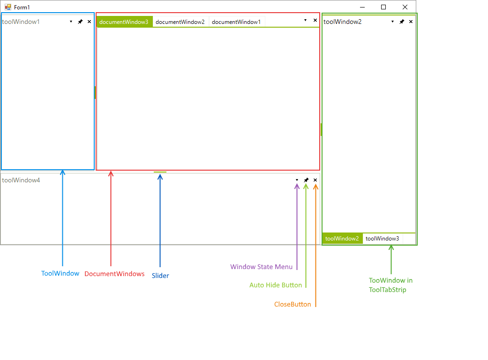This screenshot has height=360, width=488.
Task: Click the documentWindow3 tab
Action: coord(124,22)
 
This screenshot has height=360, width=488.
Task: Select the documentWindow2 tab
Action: coord(180,22)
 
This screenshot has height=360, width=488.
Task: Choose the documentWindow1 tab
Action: coord(236,22)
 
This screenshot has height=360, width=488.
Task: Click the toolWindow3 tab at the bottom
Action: coord(382,239)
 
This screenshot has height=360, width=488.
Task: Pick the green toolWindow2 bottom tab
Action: coord(342,239)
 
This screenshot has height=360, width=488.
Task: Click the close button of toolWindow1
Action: coord(89,22)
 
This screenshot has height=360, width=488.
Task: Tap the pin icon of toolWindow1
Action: coord(80,22)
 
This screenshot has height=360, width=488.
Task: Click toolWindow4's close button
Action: coord(315,180)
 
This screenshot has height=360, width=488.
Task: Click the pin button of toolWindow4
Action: coord(306,180)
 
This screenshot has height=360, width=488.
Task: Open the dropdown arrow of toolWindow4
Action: coord(297,180)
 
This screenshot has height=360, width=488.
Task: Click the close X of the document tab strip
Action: coord(315,20)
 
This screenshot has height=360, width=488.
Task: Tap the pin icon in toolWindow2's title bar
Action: coord(402,22)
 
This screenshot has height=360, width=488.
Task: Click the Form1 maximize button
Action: coord(383,7)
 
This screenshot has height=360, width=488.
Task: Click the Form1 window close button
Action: coord(405,7)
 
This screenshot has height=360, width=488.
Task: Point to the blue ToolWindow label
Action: coord(60,273)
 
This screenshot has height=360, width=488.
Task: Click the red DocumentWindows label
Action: coord(114,274)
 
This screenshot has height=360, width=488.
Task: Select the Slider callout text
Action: coord(160,276)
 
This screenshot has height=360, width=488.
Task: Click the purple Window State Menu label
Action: coord(261,267)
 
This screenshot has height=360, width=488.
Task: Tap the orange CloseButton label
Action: coord(293,304)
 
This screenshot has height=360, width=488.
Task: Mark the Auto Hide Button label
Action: coord(276,285)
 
